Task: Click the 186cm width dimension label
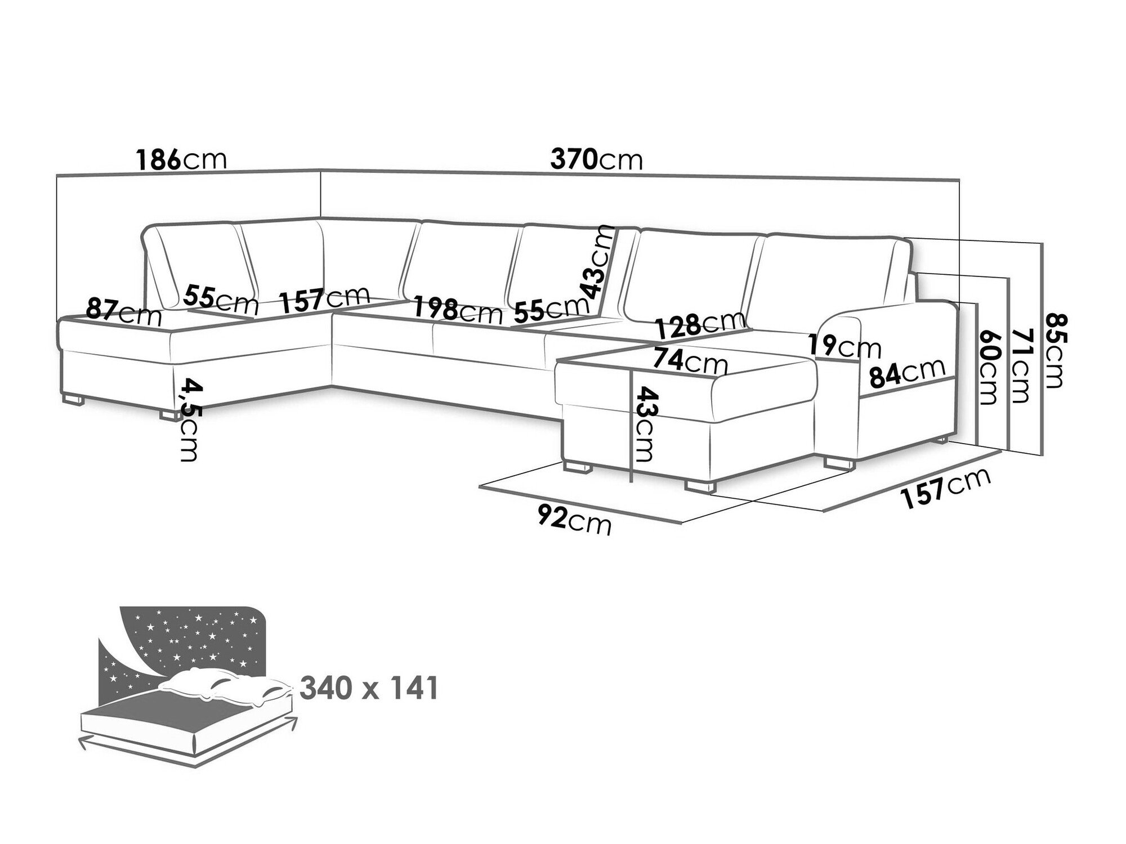[181, 159]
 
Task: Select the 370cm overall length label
[597, 159]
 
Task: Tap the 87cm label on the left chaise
[124, 311]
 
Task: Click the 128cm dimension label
[700, 324]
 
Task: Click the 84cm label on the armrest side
[907, 372]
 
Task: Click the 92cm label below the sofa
[574, 520]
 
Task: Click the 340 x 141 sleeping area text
[369, 688]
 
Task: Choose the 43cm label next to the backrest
[597, 261]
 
